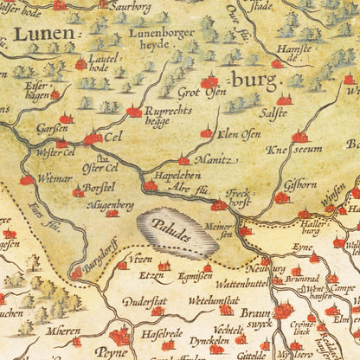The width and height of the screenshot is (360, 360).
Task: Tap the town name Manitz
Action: point(210,159)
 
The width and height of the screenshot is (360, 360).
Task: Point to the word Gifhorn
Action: point(300,184)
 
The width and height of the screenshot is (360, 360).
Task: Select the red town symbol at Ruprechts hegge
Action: point(134,112)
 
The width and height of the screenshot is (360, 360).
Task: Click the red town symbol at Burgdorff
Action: point(76,273)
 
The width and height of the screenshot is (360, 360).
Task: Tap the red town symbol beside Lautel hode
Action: point(80,64)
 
